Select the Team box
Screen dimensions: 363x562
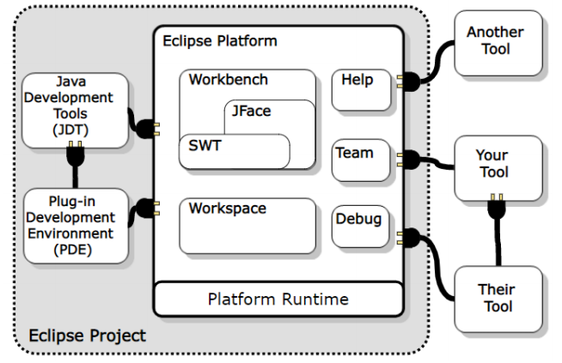tap(356, 160)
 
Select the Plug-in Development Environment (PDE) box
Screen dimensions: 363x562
tap(76, 225)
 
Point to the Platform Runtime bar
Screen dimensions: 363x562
tap(278, 299)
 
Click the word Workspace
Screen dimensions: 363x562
tap(228, 209)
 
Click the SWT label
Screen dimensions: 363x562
tap(205, 146)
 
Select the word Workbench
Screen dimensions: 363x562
tap(229, 80)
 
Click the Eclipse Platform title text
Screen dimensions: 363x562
tap(220, 40)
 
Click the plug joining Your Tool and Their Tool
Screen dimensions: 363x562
tap(494, 208)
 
